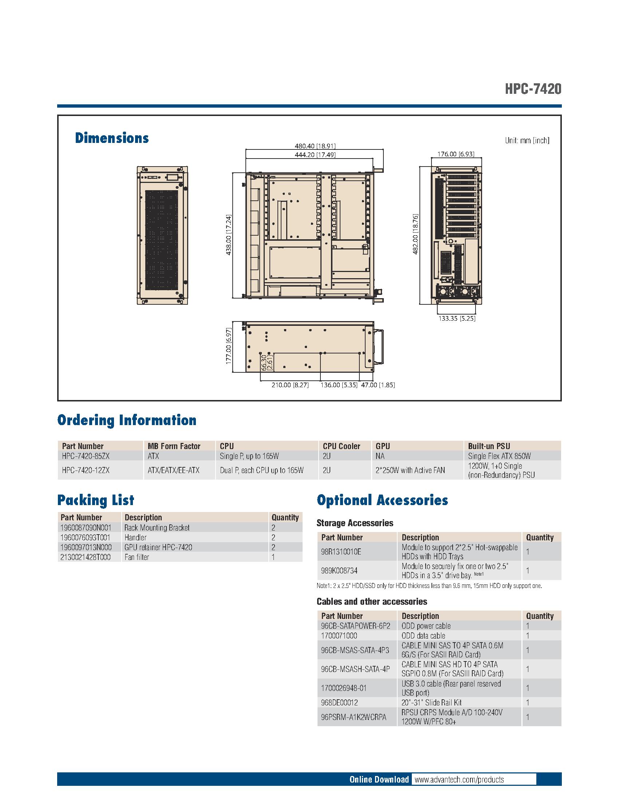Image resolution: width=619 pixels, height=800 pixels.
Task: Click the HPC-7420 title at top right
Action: click(x=532, y=89)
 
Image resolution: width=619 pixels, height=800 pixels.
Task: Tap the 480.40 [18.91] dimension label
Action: click(x=315, y=146)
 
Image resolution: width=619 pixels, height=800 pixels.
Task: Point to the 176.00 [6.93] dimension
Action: click(x=456, y=154)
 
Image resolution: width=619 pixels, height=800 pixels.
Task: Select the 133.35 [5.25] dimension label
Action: click(x=457, y=319)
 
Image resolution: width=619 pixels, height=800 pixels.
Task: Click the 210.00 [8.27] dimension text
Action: click(x=290, y=385)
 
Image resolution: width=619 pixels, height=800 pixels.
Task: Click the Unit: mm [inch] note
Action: click(x=527, y=140)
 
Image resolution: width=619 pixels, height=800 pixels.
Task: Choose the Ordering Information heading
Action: click(x=126, y=420)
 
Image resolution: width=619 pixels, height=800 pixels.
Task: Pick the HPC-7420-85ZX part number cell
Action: click(x=86, y=456)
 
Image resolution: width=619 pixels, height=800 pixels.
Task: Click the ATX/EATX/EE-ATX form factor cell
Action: click(x=173, y=470)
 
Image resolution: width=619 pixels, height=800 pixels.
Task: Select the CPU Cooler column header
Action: click(x=342, y=446)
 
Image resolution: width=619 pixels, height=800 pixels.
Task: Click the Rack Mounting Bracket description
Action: click(x=157, y=528)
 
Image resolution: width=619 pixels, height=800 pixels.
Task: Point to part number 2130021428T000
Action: click(x=86, y=557)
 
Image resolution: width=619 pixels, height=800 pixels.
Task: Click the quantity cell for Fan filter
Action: click(x=273, y=557)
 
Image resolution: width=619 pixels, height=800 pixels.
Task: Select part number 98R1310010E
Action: click(x=341, y=552)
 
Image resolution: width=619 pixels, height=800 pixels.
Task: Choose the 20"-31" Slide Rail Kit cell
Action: click(x=431, y=703)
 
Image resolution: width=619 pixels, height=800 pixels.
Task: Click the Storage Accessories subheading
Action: click(x=355, y=523)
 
